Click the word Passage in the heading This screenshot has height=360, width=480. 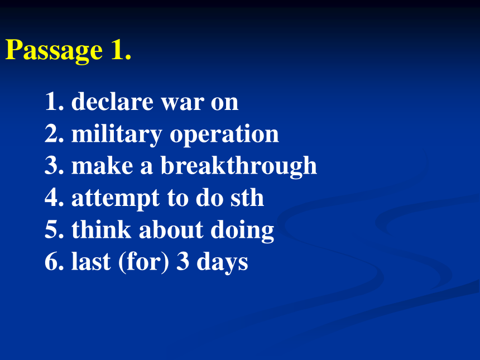[54, 50]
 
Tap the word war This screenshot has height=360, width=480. [183, 103]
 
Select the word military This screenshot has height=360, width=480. [117, 135]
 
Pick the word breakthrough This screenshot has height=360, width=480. [239, 166]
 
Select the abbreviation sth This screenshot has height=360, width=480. [247, 198]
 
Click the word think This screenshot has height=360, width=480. [102, 229]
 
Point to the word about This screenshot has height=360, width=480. [171, 229]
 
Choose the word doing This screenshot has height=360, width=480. [242, 231]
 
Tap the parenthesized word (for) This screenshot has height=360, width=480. [143, 262]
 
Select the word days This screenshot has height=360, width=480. [222, 263]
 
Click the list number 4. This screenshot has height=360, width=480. [55, 198]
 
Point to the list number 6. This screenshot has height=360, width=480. [55, 261]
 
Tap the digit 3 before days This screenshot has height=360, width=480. [183, 261]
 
